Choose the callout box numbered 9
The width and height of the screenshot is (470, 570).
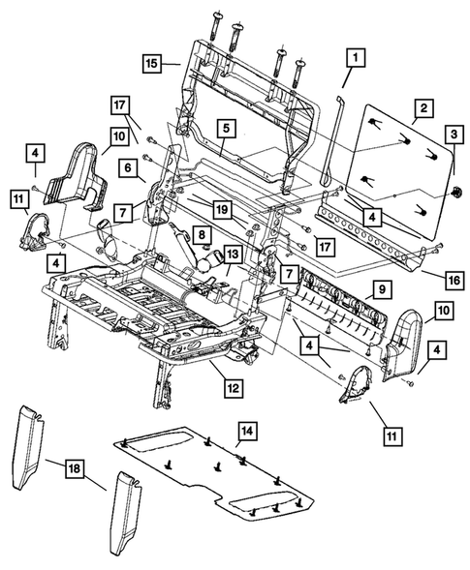point(381,289)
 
